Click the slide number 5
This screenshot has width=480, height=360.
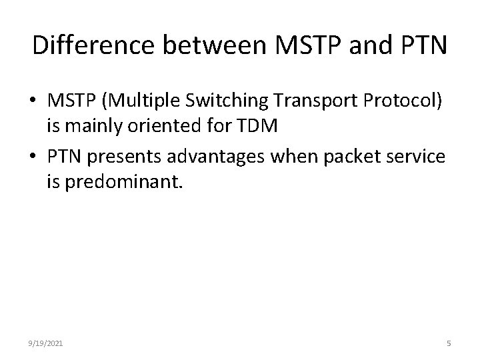click(449, 343)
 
